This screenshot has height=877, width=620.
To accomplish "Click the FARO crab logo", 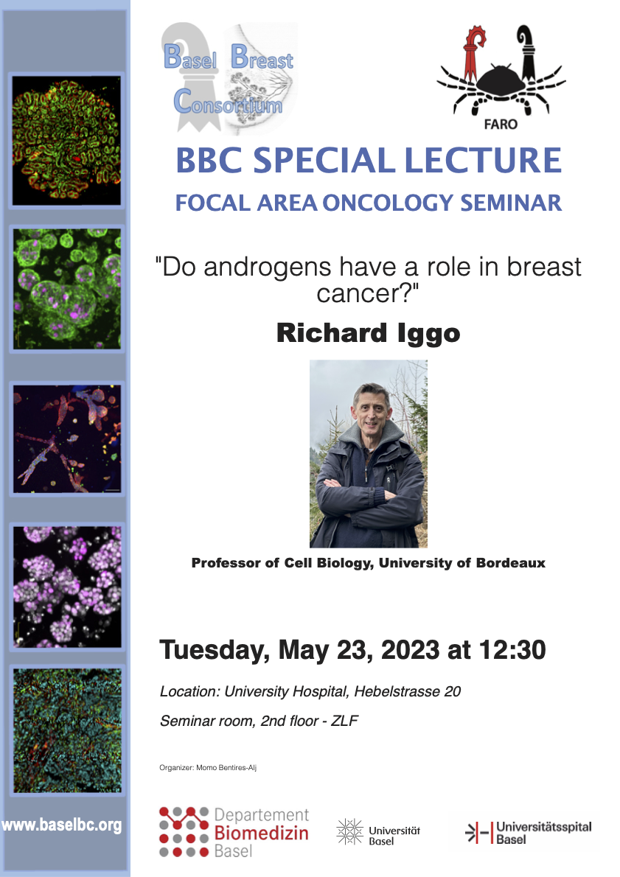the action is [501, 77].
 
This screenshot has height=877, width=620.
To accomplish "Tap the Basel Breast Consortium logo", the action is [229, 77].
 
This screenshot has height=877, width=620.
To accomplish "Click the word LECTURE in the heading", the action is [483, 161].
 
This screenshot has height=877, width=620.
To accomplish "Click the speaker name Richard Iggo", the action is [368, 333].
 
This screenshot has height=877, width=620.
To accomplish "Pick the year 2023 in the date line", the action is [410, 650].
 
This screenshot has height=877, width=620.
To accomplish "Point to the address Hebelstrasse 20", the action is [408, 692].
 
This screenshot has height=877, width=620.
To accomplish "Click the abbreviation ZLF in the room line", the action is [344, 721].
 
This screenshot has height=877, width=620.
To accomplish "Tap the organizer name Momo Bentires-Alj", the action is [226, 768].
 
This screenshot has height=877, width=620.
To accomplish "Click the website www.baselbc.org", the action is [61, 825].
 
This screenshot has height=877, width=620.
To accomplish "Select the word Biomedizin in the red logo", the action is [261, 834].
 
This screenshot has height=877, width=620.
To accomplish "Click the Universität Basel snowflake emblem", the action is [349, 832].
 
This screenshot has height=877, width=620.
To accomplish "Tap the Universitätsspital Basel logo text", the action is [543, 833].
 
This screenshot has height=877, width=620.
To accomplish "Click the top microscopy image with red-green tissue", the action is [66, 140].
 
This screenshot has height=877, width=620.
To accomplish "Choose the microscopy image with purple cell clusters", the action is [67, 587].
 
